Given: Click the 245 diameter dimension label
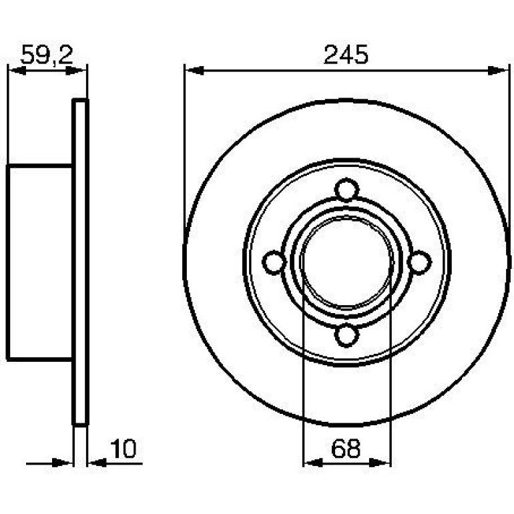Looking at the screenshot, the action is (x=346, y=55).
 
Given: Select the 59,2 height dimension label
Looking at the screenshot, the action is (x=47, y=55).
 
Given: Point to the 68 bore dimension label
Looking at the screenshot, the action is (x=346, y=449).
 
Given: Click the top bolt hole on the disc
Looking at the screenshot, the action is (x=346, y=190).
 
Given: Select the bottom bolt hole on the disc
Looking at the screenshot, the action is (x=346, y=334).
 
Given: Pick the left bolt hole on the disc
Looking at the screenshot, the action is (x=274, y=262).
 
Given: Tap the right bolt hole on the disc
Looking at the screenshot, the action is (x=419, y=262).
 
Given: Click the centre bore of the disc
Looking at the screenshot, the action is (x=346, y=262).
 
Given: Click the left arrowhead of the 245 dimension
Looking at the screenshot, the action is (x=194, y=70).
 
